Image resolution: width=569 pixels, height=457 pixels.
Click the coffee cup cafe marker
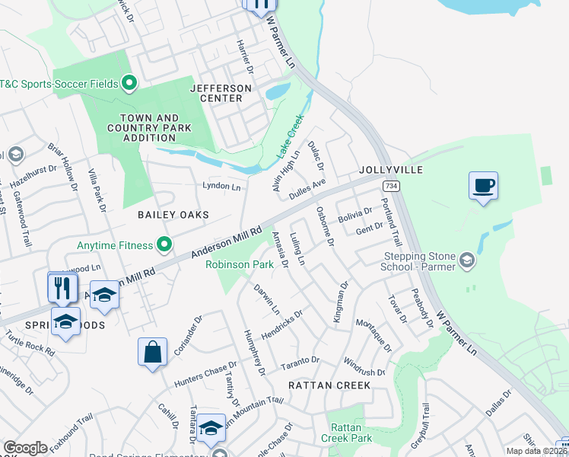coord(483,186)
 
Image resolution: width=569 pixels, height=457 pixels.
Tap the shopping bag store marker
coord(152,353)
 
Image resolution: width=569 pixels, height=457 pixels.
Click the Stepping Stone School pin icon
coord(467,261)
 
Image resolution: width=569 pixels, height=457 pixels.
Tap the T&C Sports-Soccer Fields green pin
coord(129,83)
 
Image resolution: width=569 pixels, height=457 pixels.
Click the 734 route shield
coord(391,186)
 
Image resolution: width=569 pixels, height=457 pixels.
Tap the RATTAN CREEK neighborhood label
coord(329,385)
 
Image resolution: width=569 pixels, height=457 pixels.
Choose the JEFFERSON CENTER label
coord(221,93)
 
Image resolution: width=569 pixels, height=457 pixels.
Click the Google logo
coord(25,448)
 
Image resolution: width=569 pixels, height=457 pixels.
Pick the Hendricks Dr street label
coord(283,324)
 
